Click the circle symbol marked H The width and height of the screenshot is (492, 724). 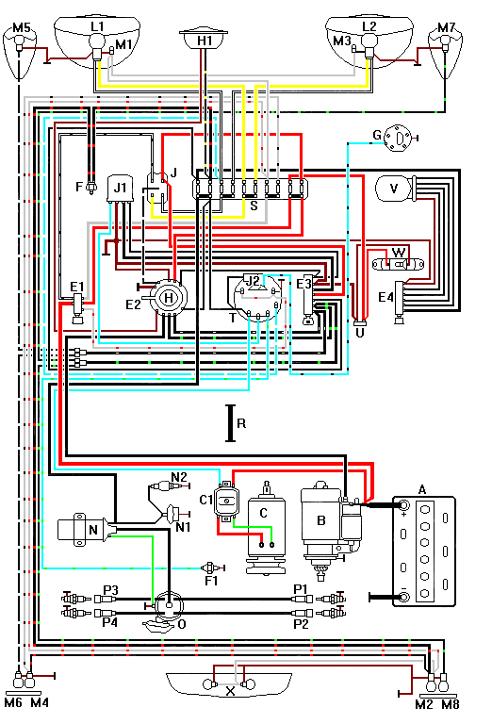[170, 297]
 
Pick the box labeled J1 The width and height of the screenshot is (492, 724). [121, 189]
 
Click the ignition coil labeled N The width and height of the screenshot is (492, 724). [83, 532]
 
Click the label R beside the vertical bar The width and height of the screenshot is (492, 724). [242, 424]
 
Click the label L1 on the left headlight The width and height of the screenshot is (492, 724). [96, 28]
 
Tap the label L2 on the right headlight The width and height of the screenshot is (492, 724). [369, 28]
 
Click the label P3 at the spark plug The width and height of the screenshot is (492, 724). [111, 590]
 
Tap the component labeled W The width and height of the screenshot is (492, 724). [399, 253]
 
